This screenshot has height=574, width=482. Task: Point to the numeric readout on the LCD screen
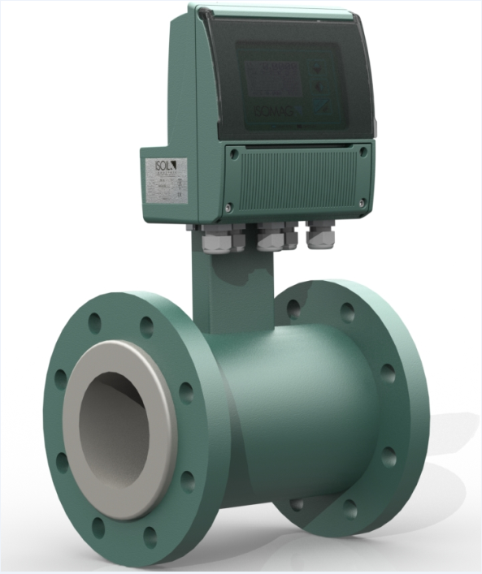point(276,70)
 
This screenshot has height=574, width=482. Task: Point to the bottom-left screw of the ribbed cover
point(230,206)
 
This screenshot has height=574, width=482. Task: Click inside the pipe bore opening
point(118,430)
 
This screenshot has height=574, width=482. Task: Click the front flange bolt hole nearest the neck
point(147,326)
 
